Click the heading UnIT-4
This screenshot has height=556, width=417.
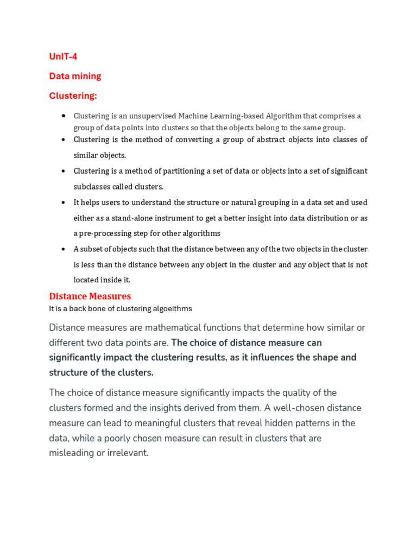click(x=63, y=56)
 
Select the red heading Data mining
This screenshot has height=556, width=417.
click(x=75, y=76)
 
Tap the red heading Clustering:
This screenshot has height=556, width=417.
click(x=73, y=96)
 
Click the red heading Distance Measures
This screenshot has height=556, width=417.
click(x=90, y=296)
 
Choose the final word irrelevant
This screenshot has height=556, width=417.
click(x=128, y=453)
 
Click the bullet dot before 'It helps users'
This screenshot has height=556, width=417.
click(x=64, y=202)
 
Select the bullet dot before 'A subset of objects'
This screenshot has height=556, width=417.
click(x=64, y=249)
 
